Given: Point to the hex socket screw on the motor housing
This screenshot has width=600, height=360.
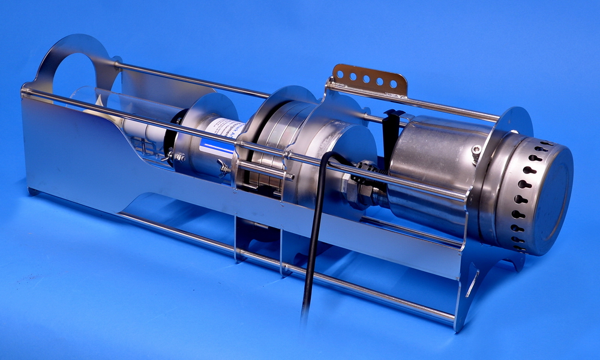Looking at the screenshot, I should point(476,149).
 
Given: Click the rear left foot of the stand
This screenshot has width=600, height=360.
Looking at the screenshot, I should point(33,191).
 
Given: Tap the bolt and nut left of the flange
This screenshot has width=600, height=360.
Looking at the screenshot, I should point(178,157).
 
